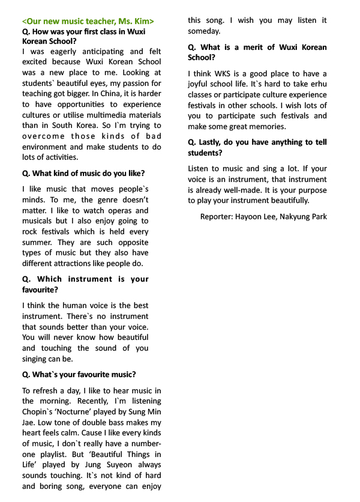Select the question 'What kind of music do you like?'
point(83,174)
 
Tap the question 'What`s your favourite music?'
point(79,375)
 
